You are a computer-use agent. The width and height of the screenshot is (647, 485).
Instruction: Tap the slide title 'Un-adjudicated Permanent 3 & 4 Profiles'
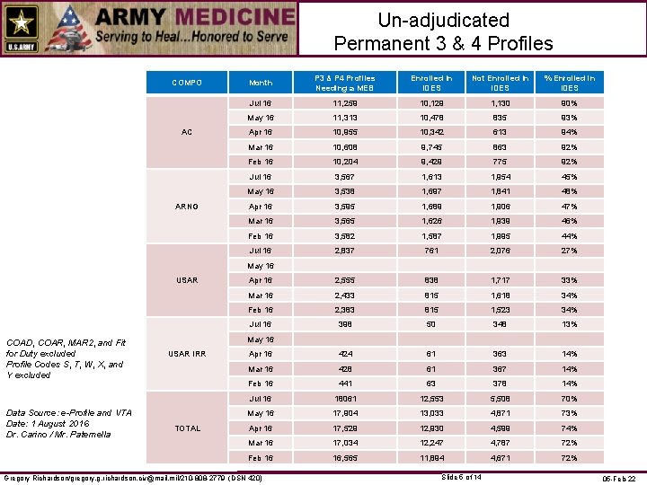(443, 31)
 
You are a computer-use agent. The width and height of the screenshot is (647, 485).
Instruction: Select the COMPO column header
(187, 83)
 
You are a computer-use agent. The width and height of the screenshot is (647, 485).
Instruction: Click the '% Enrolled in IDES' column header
(568, 83)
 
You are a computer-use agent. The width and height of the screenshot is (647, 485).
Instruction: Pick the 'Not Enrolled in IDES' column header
(500, 83)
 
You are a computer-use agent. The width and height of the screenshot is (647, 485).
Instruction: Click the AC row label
(187, 132)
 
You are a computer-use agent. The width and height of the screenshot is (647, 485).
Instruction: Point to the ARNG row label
(187, 207)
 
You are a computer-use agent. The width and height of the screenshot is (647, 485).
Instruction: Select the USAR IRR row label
(187, 354)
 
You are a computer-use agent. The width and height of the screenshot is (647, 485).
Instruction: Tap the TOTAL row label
(187, 428)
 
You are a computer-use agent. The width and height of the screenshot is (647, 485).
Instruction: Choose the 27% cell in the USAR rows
(568, 251)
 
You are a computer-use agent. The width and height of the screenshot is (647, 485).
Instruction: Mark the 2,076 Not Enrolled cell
(500, 251)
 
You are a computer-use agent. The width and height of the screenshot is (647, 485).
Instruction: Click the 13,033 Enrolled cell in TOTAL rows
(431, 413)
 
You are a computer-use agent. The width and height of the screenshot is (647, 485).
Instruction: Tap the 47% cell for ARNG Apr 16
(568, 207)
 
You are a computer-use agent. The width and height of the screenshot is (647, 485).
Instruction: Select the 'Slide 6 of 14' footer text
(464, 476)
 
